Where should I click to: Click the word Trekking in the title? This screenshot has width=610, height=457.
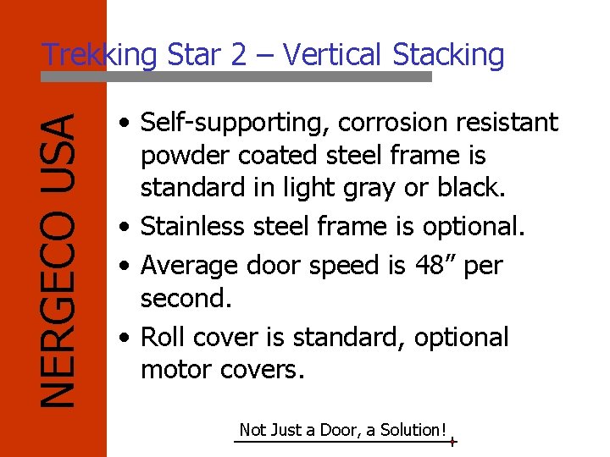(99, 55)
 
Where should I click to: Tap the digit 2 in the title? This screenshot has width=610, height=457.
(237, 55)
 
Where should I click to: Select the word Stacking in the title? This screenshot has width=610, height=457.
(448, 55)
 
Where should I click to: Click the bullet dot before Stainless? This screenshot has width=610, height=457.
(125, 228)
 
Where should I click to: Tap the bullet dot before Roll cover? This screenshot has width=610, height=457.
(125, 339)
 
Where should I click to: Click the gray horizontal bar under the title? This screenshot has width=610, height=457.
(236, 76)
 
